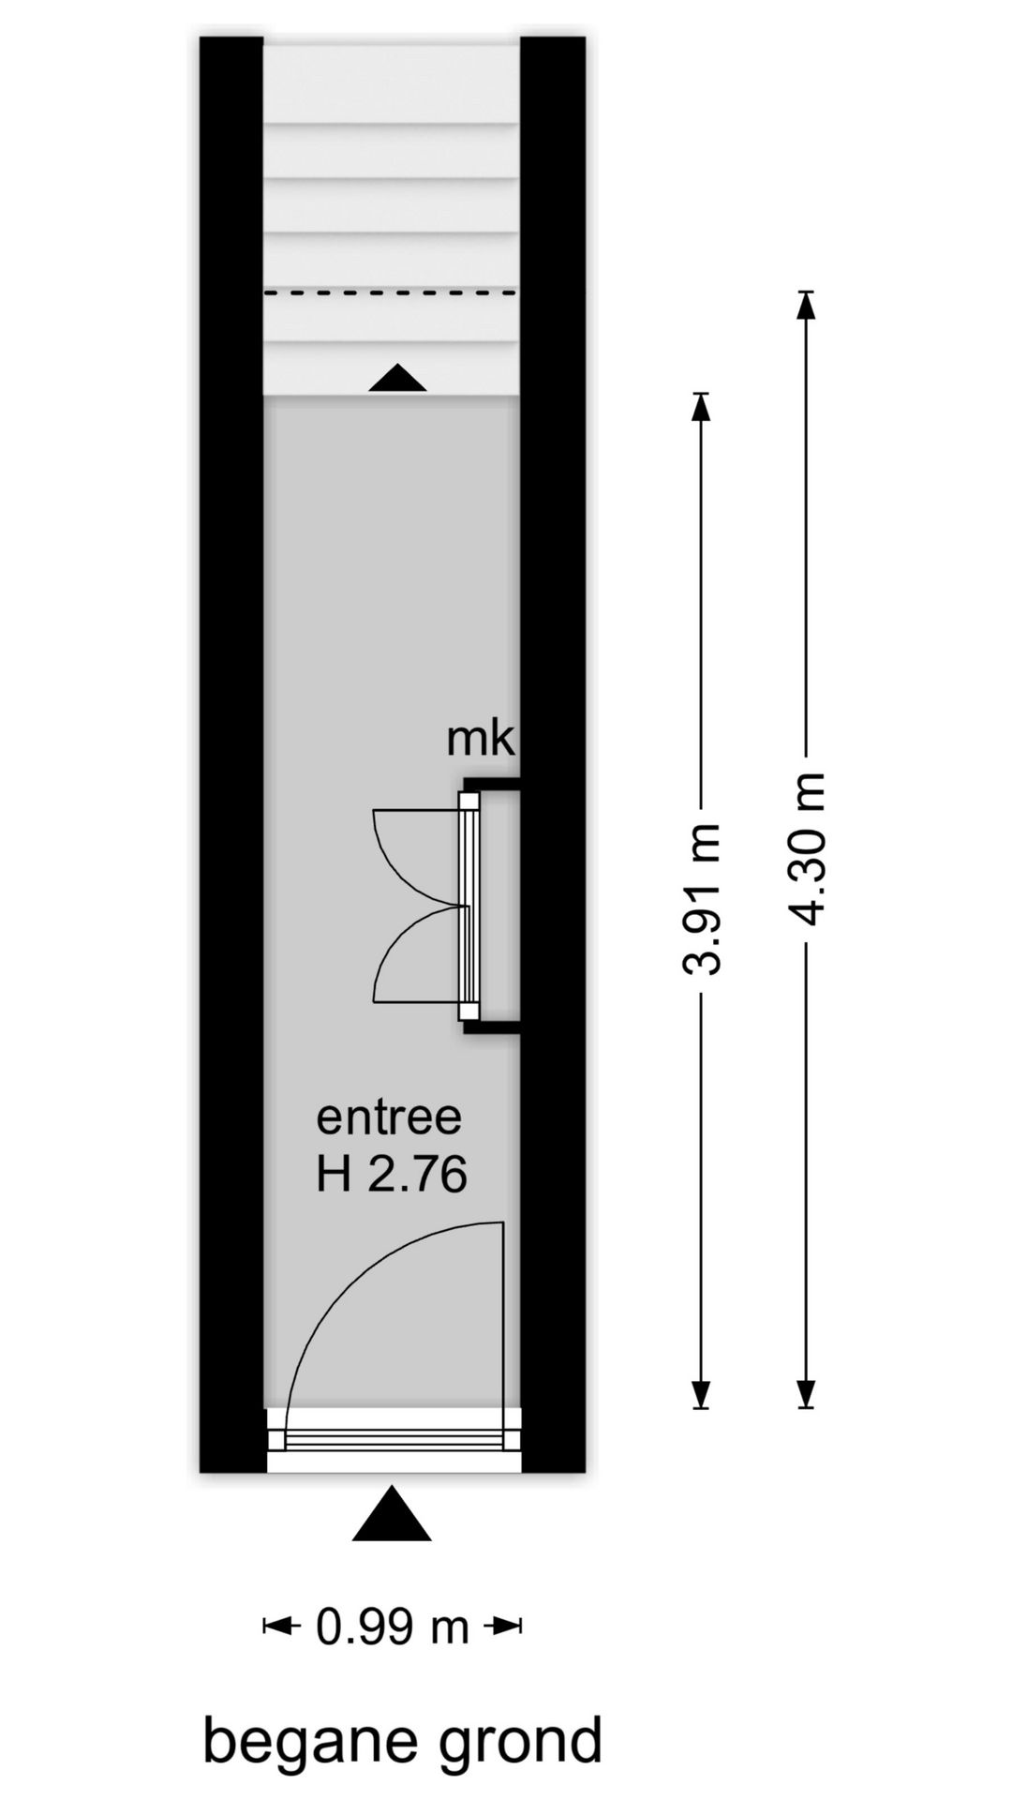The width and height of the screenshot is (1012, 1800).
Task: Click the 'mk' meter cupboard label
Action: click(x=481, y=739)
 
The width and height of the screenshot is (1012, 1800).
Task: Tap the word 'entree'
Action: click(x=389, y=1117)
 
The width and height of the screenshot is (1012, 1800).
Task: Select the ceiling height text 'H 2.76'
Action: click(x=391, y=1174)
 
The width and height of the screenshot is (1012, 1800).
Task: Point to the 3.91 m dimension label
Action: click(x=702, y=899)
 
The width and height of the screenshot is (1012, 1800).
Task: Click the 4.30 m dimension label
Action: click(x=807, y=848)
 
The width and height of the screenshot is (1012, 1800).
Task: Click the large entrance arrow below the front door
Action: click(x=392, y=1513)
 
